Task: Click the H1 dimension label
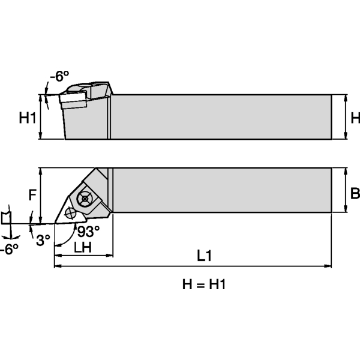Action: (x=28, y=118)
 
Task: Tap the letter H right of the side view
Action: (x=355, y=118)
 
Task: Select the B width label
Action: (x=355, y=193)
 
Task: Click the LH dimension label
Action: (x=83, y=247)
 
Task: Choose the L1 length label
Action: (x=204, y=255)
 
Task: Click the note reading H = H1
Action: (x=204, y=284)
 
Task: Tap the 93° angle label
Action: (x=87, y=231)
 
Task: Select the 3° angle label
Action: (x=43, y=240)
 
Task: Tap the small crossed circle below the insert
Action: (x=71, y=212)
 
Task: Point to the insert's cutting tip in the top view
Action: (x=56, y=222)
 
